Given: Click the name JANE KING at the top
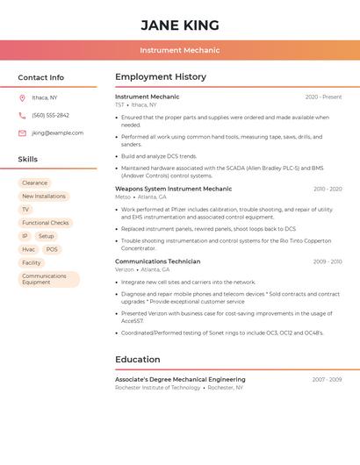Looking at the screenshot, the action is (x=179, y=25).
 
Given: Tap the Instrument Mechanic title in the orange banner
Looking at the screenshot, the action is (x=179, y=50).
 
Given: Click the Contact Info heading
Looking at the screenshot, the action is (x=41, y=77).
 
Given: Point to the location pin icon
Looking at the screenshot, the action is (x=22, y=97).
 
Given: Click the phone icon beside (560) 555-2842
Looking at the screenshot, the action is (x=22, y=115).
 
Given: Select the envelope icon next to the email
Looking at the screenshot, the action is (x=22, y=133).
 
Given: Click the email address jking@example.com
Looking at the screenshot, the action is (x=58, y=133).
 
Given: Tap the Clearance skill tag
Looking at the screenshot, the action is (x=35, y=183).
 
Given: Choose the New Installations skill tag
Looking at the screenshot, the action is (x=44, y=197).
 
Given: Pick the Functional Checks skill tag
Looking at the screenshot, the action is (x=46, y=223).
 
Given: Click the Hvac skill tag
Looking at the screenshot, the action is (x=29, y=249).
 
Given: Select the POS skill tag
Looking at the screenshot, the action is (x=52, y=249).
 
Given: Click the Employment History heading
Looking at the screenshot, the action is (x=161, y=77).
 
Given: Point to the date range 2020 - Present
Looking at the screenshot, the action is (x=323, y=97).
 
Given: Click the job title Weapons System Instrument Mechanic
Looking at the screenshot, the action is (x=173, y=189).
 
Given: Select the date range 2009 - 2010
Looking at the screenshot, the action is (x=328, y=261).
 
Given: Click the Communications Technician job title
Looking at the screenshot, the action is (x=157, y=261).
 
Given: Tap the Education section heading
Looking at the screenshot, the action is (x=138, y=359).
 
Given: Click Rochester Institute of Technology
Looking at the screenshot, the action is (x=158, y=388).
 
